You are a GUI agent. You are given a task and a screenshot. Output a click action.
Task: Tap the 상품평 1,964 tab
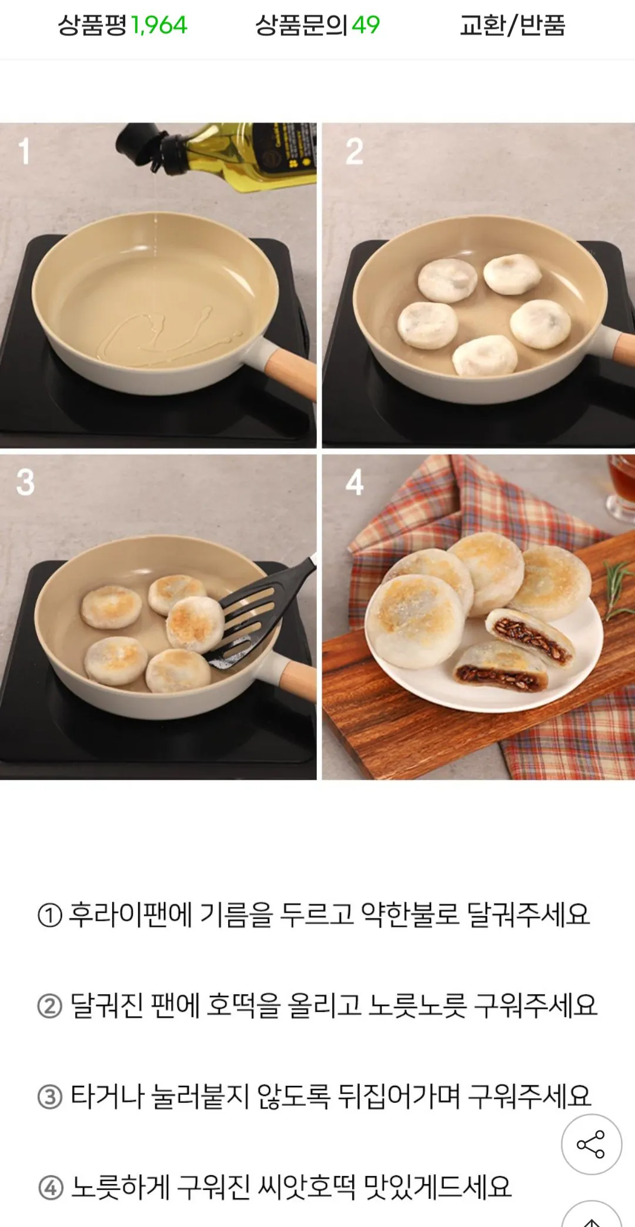click(122, 25)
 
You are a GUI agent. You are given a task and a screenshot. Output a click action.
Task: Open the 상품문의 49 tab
click(317, 25)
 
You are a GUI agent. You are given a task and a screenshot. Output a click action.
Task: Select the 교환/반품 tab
click(512, 25)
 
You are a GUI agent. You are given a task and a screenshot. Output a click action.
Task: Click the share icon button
click(591, 1144)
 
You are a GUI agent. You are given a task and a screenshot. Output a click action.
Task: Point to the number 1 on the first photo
click(24, 151)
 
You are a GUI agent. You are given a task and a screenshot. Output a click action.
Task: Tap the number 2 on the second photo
click(354, 152)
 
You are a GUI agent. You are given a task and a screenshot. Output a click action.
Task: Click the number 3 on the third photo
click(25, 482)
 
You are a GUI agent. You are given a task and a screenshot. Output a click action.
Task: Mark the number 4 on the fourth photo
click(354, 482)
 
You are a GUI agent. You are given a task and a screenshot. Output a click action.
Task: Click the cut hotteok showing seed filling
click(529, 638)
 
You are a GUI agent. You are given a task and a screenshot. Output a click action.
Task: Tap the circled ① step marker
click(50, 915)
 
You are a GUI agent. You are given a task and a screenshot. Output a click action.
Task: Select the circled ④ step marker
click(51, 1188)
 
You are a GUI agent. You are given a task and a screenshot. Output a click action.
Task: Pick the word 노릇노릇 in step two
click(417, 1005)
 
